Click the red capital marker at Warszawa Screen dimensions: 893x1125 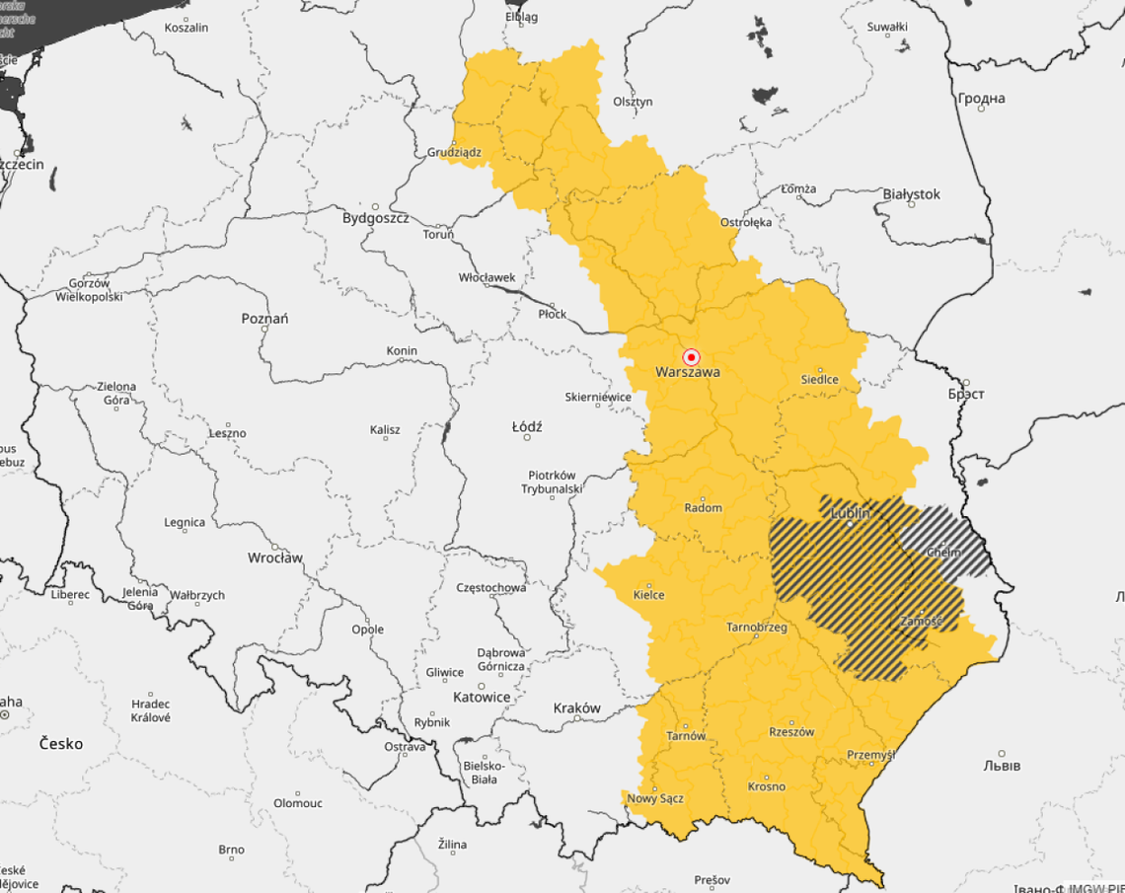[692, 357]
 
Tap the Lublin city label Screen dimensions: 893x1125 [850, 513]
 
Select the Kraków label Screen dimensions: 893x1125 [576, 708]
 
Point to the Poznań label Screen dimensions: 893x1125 [264, 319]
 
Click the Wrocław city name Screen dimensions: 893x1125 [275, 558]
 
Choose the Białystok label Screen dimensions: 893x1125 [911, 194]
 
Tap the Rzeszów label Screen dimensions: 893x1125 [791, 732]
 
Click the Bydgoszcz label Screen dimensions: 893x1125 [375, 218]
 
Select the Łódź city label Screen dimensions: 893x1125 [527, 427]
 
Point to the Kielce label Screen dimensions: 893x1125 [648, 595]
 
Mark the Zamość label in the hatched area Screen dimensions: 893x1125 [921, 622]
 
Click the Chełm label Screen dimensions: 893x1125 [942, 553]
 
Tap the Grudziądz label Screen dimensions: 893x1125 [454, 153]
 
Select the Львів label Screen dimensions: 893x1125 [1002, 766]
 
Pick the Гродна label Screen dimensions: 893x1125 [981, 99]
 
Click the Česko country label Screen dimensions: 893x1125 [61, 743]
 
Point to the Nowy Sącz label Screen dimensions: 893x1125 [655, 798]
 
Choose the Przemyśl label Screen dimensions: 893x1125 [870, 756]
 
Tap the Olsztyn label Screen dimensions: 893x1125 [633, 102]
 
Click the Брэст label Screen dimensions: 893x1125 [966, 394]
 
